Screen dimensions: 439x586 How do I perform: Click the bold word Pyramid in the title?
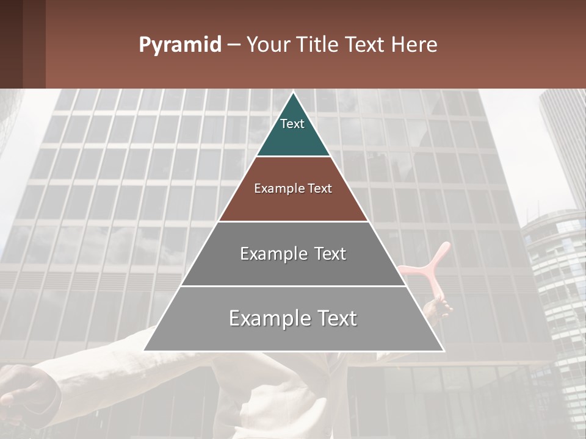[179, 45]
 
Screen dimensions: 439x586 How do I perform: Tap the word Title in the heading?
[322, 45]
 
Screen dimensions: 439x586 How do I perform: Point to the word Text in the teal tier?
[292, 124]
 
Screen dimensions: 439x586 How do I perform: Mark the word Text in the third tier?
[326, 254]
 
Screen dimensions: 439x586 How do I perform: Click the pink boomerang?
[430, 268]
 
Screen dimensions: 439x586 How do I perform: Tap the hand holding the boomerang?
[437, 309]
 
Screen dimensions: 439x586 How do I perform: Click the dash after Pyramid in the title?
[234, 45]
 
